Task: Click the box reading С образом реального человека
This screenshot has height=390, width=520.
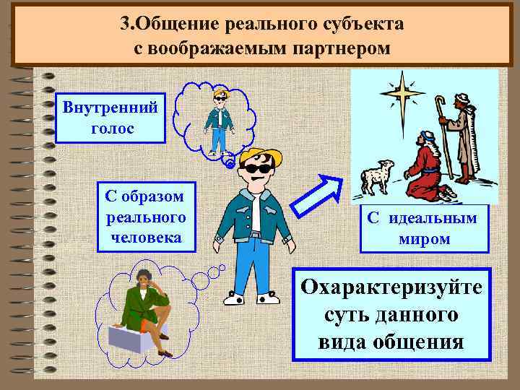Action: pos(144,216)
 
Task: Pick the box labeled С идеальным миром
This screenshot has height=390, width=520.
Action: pos(424,228)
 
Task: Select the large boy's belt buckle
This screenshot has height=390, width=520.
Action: pos(255,234)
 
